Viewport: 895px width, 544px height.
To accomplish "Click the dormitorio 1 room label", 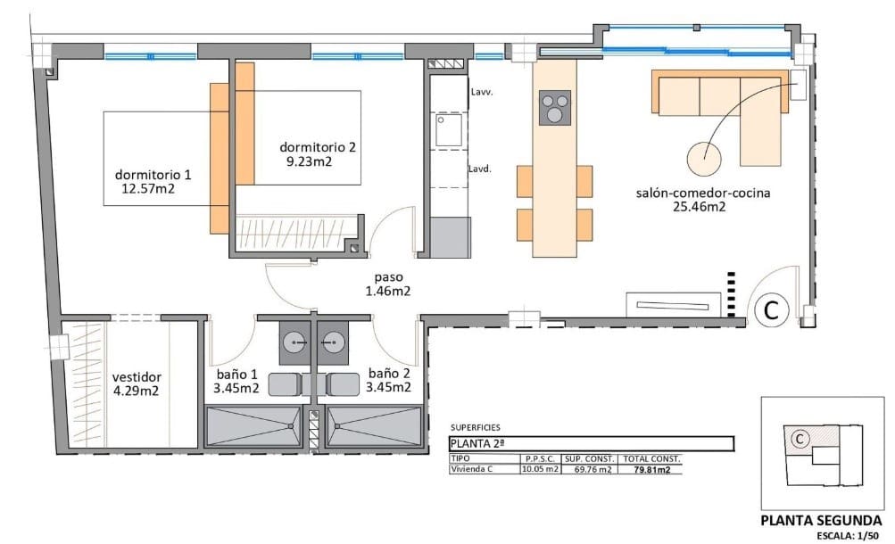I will coord(152,174).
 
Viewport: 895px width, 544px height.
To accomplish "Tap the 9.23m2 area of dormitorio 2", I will coord(309,161).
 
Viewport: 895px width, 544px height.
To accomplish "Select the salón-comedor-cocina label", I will coord(703,193).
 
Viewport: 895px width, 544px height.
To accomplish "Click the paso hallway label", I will coord(387,276).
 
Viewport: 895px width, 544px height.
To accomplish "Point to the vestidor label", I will coord(137,375).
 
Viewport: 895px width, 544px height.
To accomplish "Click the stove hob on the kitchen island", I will coord(555,108).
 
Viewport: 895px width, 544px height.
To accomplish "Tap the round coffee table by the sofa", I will coord(705,161).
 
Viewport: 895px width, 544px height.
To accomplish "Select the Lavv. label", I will coord(482,91).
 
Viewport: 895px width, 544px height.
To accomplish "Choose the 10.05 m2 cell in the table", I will coord(540,469).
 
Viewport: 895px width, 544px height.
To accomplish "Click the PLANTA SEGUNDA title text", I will coord(821,521).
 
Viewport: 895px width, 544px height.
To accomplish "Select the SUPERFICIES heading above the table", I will coord(476,427).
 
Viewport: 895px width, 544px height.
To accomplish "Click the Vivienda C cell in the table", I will coord(473,469).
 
